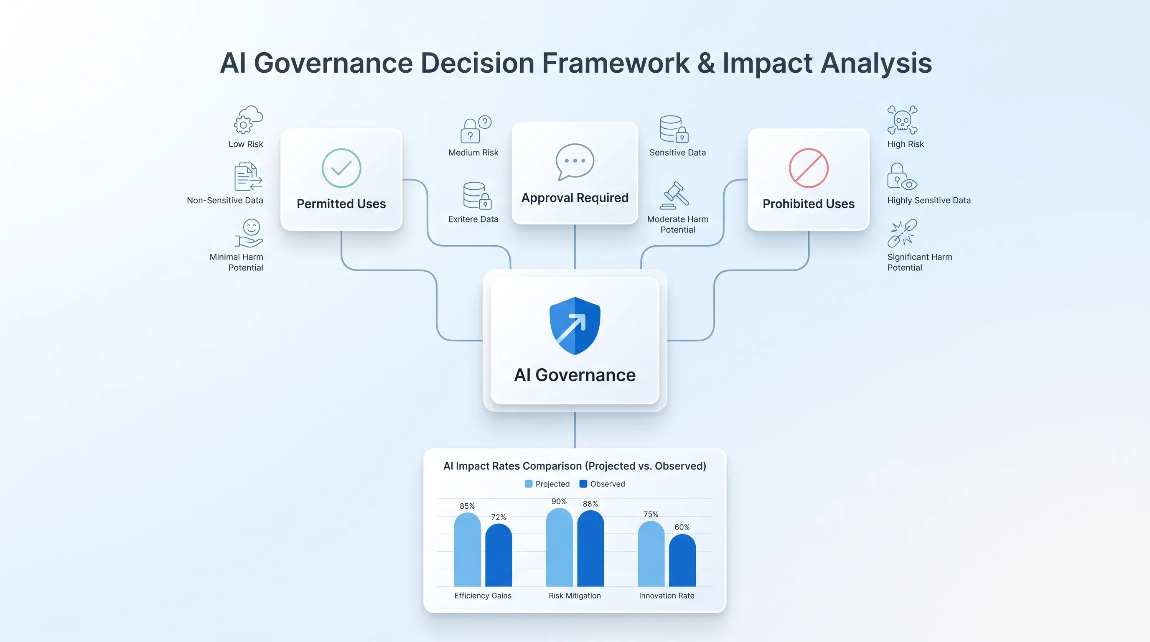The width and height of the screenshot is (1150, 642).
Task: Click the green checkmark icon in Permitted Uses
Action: (341, 168)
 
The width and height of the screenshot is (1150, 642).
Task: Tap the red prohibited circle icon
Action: (809, 168)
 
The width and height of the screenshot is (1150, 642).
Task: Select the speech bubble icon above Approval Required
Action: (575, 162)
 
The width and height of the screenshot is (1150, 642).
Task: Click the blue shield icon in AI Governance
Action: (575, 326)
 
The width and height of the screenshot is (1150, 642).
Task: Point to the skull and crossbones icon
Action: (902, 120)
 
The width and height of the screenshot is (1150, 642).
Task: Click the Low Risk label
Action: (246, 144)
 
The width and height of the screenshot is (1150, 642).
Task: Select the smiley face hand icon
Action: (249, 233)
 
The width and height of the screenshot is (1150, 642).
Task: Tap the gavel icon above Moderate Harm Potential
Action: (674, 195)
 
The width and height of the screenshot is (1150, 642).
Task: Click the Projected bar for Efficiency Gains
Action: (467, 549)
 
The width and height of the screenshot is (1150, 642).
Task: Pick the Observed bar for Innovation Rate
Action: (682, 560)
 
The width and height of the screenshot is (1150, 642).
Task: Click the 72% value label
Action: (498, 517)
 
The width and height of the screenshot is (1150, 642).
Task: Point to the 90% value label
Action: (559, 502)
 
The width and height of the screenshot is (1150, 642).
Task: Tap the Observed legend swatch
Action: (583, 484)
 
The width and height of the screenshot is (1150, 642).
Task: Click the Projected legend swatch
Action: (529, 484)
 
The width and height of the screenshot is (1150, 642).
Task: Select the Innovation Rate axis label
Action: (667, 596)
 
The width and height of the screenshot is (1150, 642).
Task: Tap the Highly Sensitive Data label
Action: (929, 201)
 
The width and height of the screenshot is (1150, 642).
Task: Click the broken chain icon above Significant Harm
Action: (902, 233)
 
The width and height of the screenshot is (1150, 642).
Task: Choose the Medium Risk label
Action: (473, 153)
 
